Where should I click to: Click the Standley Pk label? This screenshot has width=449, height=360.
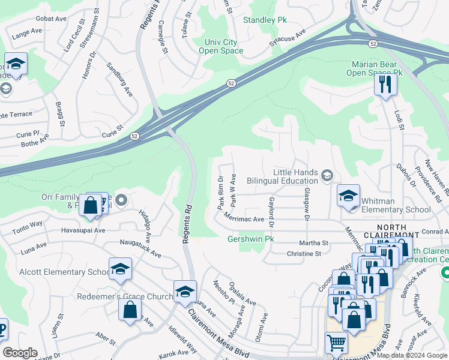pos(265,20)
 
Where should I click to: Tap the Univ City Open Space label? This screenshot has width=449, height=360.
pos(221,47)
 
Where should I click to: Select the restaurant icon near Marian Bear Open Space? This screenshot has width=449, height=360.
pos(385,84)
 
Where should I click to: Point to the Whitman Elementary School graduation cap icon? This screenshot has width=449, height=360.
pos(348,197)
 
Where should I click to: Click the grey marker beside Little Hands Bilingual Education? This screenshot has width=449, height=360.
pos(327,175)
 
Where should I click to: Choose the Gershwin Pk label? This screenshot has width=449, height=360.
pos(251,239)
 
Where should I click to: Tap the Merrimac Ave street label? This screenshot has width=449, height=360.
pos(244,218)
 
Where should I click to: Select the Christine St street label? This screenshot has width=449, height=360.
pos(304,254)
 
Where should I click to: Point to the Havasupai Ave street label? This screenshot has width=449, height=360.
pos(83,230)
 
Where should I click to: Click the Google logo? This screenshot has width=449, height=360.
pos(20,353)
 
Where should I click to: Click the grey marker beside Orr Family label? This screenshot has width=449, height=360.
pos(122,200)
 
